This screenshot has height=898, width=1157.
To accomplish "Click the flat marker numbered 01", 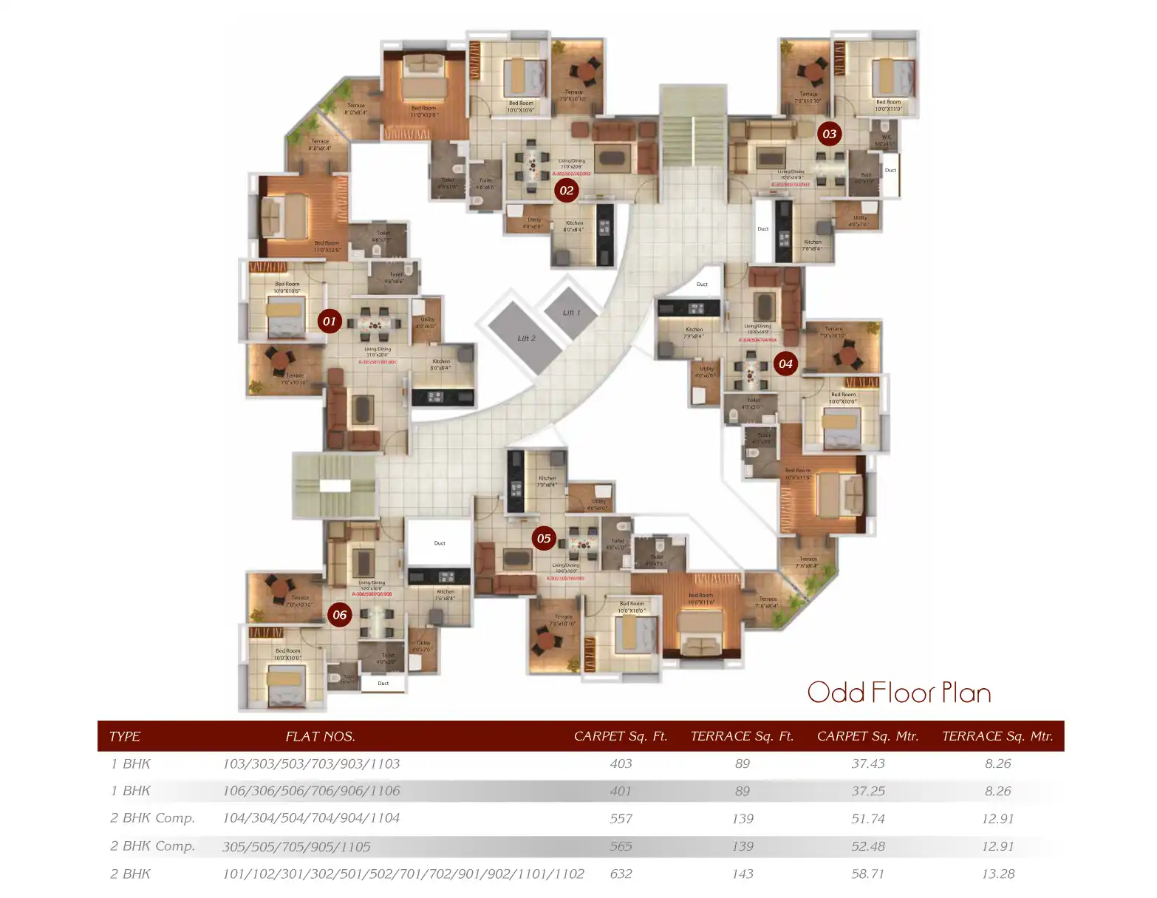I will [x=330, y=322].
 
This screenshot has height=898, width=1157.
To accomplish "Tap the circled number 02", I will [x=566, y=191].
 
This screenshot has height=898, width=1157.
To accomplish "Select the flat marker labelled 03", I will [x=829, y=134].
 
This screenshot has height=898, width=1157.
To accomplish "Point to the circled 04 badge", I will [x=785, y=364].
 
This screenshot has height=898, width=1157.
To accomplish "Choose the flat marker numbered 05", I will [x=544, y=538].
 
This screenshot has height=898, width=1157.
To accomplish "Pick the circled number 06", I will [x=339, y=615].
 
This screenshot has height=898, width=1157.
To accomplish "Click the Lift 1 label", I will [x=571, y=313].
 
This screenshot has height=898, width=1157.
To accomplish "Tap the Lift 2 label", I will [x=526, y=339].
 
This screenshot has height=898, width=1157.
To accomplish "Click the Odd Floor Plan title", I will [x=898, y=693].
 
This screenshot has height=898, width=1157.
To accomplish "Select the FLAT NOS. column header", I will [x=320, y=736].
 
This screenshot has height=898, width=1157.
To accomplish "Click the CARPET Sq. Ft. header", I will [x=620, y=736].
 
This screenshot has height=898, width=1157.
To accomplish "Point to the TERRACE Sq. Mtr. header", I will [x=997, y=736].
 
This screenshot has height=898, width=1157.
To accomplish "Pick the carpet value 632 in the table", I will [x=621, y=874].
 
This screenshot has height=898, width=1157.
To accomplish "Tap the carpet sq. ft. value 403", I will [x=621, y=763].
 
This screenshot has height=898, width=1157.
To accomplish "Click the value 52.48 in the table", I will [x=867, y=846].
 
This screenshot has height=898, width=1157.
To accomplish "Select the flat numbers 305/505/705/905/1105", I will [x=296, y=847].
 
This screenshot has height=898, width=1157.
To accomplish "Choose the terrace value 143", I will [x=742, y=874].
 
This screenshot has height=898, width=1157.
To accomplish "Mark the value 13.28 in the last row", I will [x=997, y=874].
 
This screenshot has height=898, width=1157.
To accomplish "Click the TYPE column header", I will [x=124, y=736].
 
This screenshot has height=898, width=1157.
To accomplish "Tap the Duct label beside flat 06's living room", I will [x=440, y=543].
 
